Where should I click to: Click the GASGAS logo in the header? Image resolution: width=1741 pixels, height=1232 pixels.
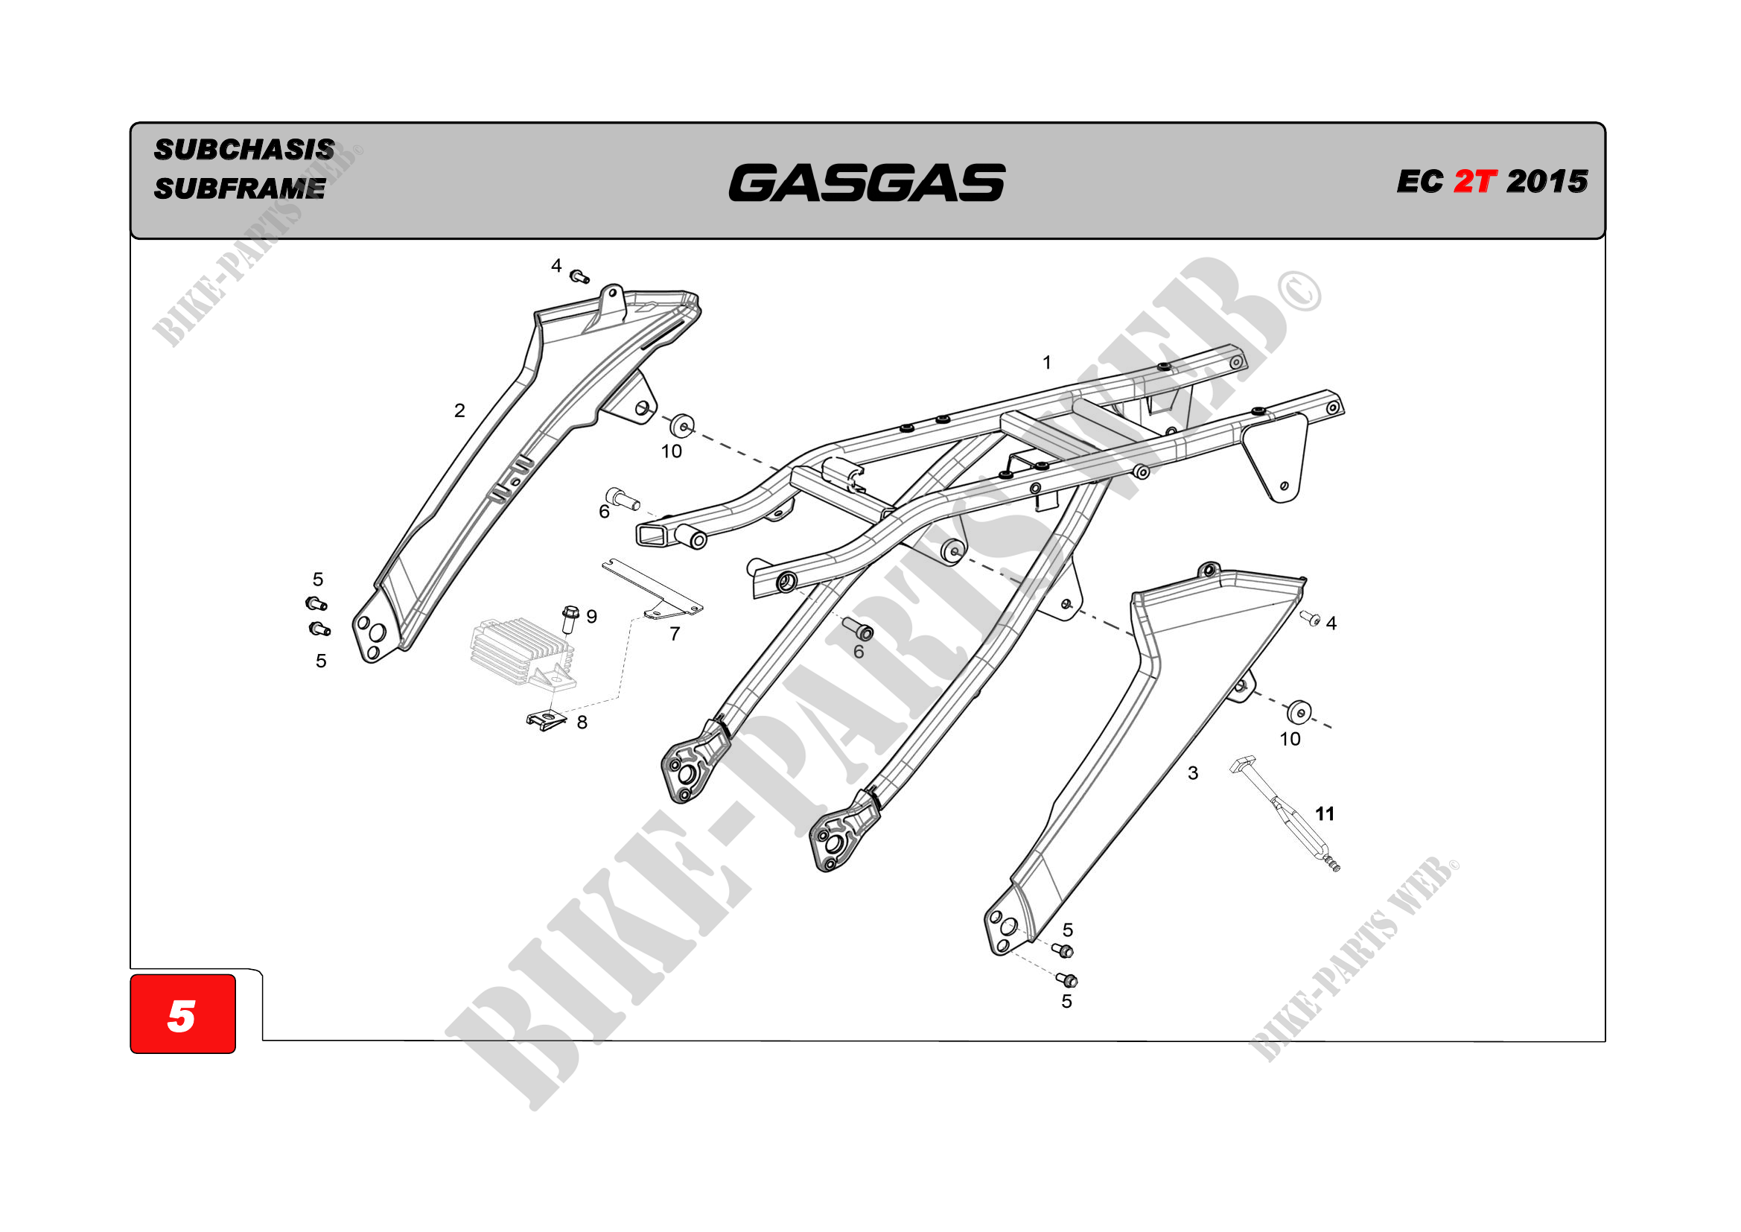866,182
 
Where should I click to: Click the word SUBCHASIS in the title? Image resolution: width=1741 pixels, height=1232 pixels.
244,150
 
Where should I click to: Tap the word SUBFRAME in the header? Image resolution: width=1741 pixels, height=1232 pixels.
240,188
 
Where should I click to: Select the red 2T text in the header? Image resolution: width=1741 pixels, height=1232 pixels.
1474,181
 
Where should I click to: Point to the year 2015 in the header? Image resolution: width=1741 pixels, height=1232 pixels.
1547,181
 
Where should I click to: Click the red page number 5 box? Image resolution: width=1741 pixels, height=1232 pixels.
182,1015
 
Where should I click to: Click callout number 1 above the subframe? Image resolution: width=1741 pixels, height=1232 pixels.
1046,363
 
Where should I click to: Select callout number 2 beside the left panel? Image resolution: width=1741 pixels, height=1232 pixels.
459,410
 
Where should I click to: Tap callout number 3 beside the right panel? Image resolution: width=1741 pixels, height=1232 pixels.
1193,773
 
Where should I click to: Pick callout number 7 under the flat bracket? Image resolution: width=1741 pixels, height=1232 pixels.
675,633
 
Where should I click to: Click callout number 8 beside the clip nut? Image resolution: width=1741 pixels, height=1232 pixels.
582,723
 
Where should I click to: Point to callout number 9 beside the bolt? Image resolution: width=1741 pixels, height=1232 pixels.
591,617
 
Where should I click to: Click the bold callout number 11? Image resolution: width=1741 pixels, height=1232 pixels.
1325,814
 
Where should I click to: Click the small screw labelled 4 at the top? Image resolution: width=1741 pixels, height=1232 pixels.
579,276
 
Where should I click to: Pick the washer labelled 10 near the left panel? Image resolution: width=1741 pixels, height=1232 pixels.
682,425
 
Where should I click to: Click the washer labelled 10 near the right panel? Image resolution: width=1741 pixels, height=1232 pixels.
1299,712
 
